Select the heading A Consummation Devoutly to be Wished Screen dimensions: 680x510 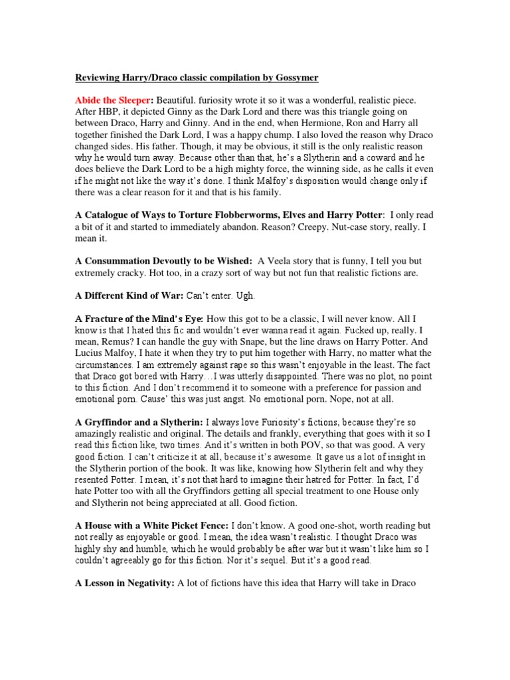click(x=163, y=262)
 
